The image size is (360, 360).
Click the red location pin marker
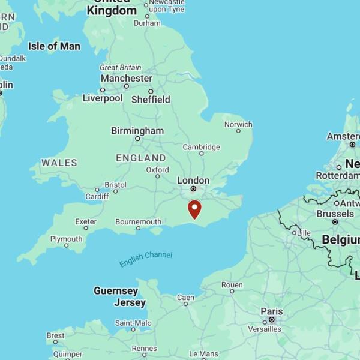tap(194, 209)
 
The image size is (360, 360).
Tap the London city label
tap(193, 180)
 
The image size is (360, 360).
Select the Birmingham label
tap(137, 130)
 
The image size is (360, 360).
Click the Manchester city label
tap(126, 78)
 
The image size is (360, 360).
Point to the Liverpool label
tap(102, 98)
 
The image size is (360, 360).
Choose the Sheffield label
tap(151, 99)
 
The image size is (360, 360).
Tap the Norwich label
tap(238, 124)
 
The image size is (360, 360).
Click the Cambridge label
tap(201, 146)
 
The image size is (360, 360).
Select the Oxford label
tap(157, 170)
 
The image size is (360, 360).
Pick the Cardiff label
tap(97, 196)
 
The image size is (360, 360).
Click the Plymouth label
tap(66, 239)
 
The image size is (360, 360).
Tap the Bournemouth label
tap(138, 221)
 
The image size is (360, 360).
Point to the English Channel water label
tap(145, 259)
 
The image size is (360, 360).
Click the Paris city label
tap(271, 311)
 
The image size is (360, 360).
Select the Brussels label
tap(335, 213)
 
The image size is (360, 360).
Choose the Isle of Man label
tap(54, 46)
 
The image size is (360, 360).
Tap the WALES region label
tap(59, 163)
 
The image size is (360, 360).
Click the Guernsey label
tap(115, 290)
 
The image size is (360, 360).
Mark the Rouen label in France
tap(232, 284)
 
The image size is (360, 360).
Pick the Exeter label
tap(86, 221)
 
